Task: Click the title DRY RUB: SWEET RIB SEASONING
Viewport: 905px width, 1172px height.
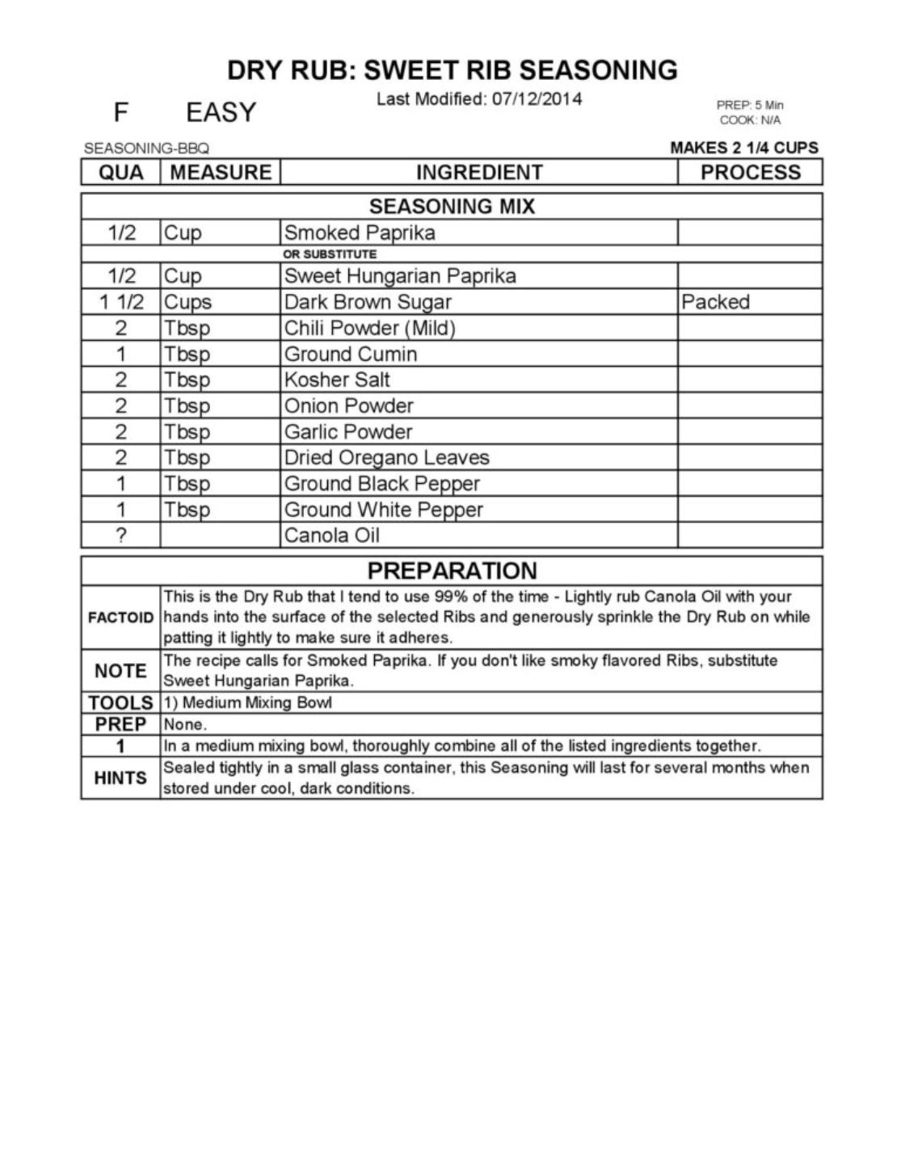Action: tap(452, 70)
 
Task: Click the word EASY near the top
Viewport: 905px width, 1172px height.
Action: tap(221, 112)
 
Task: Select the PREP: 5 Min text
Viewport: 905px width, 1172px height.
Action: tap(749, 105)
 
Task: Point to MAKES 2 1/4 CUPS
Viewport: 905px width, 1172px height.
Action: tap(743, 148)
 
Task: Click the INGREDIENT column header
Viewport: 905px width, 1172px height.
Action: tap(478, 172)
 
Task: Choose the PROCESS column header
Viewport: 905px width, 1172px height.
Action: tap(750, 172)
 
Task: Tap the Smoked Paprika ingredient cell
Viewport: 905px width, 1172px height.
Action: tap(360, 233)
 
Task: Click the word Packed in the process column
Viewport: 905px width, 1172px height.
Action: tap(715, 302)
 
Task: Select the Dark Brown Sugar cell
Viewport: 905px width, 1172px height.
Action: tap(368, 302)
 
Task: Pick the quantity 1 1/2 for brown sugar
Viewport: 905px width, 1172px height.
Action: tap(121, 302)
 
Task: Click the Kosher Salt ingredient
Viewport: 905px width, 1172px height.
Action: tap(337, 380)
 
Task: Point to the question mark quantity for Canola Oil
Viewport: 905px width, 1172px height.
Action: tap(121, 536)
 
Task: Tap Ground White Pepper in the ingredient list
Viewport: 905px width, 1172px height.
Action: tap(383, 510)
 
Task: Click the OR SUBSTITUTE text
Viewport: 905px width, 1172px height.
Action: tap(330, 254)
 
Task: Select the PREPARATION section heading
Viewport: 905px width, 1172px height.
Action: tap(452, 571)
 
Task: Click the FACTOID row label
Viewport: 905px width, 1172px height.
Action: tap(120, 618)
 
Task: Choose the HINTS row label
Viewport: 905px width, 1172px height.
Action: tap(120, 778)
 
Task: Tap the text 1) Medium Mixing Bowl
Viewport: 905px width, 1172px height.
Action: tap(247, 703)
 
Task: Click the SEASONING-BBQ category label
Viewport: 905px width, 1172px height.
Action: tap(146, 149)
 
